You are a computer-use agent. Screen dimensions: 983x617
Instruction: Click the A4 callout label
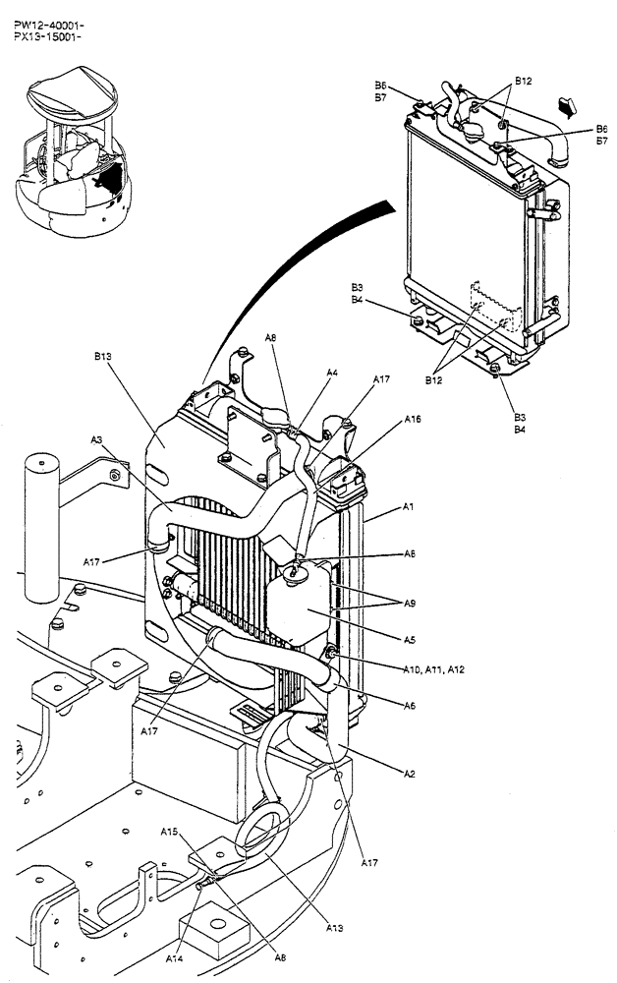pyautogui.click(x=332, y=374)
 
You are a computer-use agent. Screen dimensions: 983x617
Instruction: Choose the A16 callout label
pyautogui.click(x=413, y=420)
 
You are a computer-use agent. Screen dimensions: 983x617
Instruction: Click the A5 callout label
pyautogui.click(x=410, y=639)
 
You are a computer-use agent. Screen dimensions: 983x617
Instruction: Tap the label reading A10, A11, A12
pyautogui.click(x=435, y=669)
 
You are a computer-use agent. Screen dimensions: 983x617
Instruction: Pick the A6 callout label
pyautogui.click(x=410, y=705)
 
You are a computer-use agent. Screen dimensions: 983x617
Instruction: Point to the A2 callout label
pyautogui.click(x=408, y=774)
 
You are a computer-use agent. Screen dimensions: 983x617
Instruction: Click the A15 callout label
pyautogui.click(x=169, y=832)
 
